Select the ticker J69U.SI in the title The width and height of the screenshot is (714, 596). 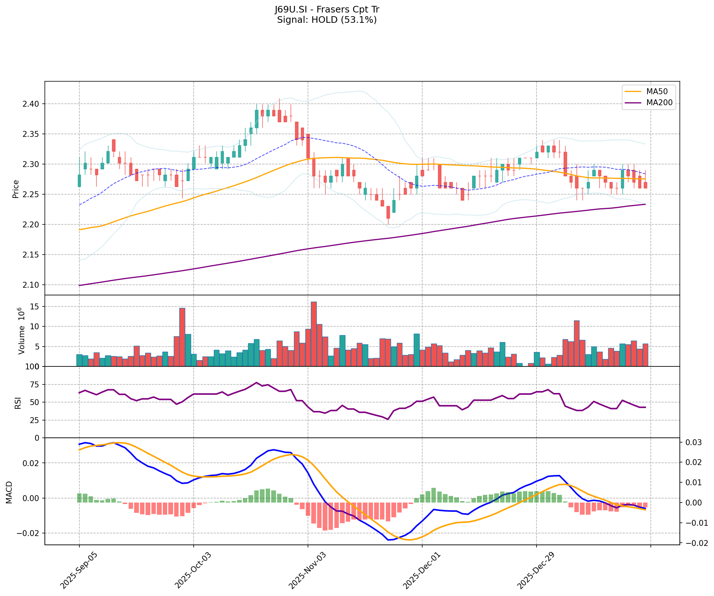pyautogui.click(x=292, y=10)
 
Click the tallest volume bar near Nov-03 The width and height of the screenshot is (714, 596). pyautogui.click(x=313, y=334)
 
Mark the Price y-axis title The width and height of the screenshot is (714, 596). pyautogui.click(x=16, y=189)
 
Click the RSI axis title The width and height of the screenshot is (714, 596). pyautogui.click(x=17, y=402)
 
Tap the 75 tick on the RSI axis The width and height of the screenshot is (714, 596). pyautogui.click(x=34, y=385)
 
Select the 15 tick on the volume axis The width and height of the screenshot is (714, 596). pyautogui.click(x=36, y=306)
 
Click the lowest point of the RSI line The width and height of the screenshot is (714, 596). pyautogui.click(x=388, y=419)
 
